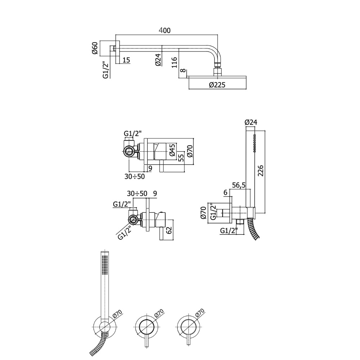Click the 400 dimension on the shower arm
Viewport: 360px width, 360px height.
165,30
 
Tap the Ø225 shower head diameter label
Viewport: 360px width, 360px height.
217,85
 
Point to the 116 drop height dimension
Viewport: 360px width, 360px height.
174,62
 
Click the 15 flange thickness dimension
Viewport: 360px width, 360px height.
126,60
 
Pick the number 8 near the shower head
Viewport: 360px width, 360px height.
183,70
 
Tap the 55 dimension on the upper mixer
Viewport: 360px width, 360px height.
181,158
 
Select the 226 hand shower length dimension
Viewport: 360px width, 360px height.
261,170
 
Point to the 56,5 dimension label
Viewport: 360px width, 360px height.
239,185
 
